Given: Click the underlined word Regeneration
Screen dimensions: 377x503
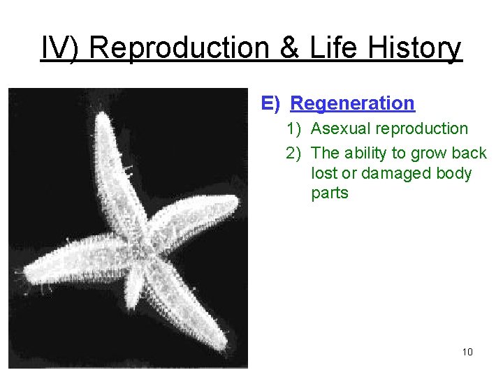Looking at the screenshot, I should click(352, 103).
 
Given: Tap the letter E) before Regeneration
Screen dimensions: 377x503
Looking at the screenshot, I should click(270, 103).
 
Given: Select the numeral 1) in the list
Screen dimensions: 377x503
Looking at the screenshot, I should click(293, 128).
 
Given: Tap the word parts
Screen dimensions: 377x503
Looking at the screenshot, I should click(329, 193).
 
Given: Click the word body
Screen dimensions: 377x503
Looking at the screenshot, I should click(453, 173).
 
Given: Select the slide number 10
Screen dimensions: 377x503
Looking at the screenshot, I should click(467, 352).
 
